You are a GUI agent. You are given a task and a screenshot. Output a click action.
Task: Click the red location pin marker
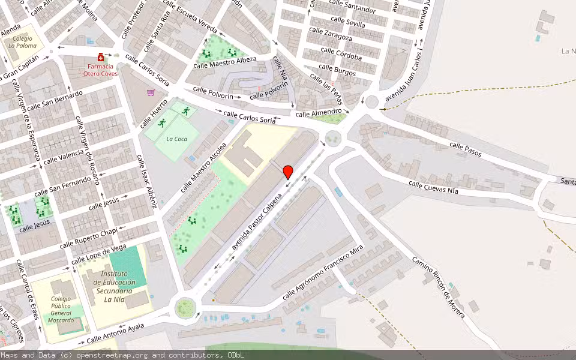pos(288,172)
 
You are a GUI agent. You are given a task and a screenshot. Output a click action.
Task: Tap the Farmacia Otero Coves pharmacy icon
pos(100,57)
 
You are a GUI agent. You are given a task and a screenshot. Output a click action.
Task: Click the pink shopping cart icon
pos(151,92)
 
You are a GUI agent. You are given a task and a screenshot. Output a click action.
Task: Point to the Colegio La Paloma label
pos(22,41)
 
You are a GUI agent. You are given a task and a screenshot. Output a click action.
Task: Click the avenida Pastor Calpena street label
pos(257,221)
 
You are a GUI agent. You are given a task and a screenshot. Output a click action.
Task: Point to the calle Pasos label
pos(466,149)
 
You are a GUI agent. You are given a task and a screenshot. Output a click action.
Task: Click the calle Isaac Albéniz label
pos(146,181)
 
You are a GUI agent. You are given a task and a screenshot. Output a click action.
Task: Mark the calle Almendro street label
pos(319,113)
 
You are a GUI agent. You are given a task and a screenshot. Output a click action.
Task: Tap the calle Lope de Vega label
pos(98,255)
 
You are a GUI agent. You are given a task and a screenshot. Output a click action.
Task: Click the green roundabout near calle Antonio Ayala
pos(185,308)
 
